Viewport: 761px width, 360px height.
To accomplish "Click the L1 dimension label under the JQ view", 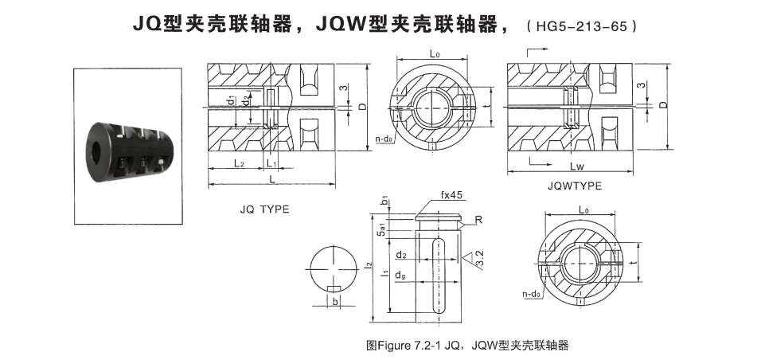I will click(271, 162).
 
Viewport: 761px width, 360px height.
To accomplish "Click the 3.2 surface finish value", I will click(478, 256).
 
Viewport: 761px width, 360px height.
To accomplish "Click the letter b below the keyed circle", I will click(335, 303).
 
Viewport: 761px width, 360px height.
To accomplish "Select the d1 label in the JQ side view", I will click(230, 103).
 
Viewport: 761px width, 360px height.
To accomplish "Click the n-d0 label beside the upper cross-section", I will click(384, 138).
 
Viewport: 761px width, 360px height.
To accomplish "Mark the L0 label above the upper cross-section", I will click(435, 53).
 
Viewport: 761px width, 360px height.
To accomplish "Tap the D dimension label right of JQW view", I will click(662, 104).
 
